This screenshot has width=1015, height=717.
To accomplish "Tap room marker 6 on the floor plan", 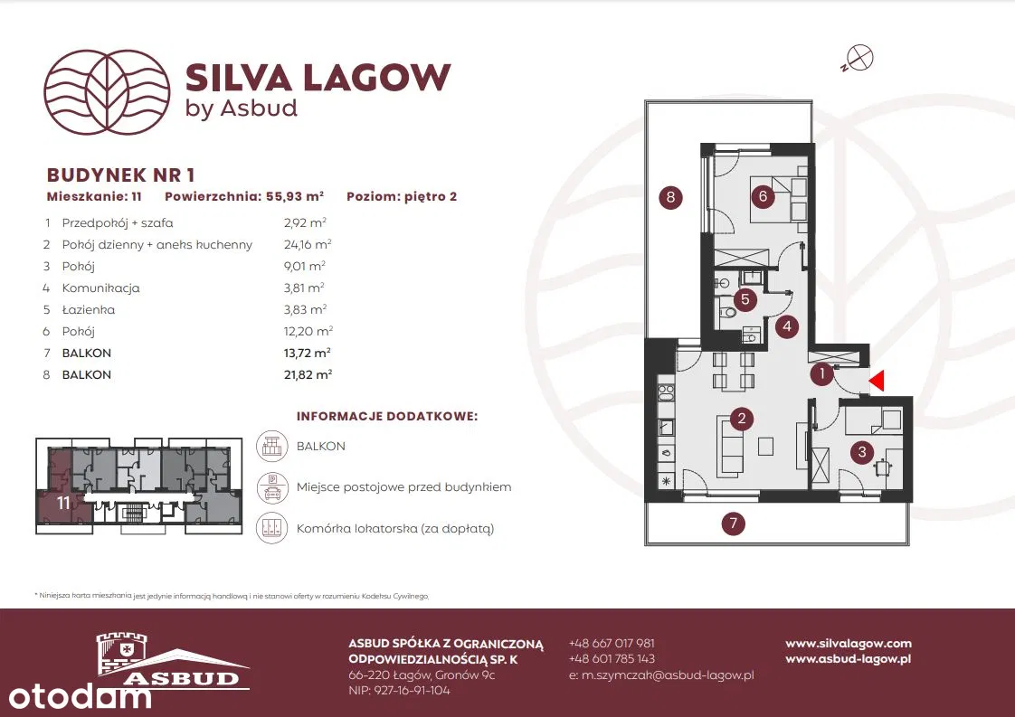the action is click(763, 195).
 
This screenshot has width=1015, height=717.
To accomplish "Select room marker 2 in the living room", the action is click(742, 419).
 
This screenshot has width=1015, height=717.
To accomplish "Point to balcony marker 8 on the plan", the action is click(670, 197).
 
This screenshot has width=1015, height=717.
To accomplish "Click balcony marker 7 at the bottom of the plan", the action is click(734, 523).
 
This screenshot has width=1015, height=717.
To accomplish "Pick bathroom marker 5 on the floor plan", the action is click(745, 299).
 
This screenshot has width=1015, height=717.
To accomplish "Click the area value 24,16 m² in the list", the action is click(308, 245).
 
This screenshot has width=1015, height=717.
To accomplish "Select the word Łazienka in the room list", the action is click(88, 309).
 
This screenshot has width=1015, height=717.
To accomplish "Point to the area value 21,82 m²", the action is click(308, 374).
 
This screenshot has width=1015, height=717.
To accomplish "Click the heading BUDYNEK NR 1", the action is click(120, 175).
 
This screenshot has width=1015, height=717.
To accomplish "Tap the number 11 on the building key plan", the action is click(62, 503).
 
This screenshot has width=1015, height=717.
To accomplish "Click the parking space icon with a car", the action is click(272, 487).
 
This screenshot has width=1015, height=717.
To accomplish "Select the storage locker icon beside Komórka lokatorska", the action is click(272, 528).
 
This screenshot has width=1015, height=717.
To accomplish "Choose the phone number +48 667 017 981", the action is click(612, 643).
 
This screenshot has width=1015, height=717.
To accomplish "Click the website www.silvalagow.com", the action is click(849, 643).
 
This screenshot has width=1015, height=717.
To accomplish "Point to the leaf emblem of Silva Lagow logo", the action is click(107, 92).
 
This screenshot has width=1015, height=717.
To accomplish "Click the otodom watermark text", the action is click(80, 697).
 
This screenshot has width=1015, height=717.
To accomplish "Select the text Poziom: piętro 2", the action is click(402, 196).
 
